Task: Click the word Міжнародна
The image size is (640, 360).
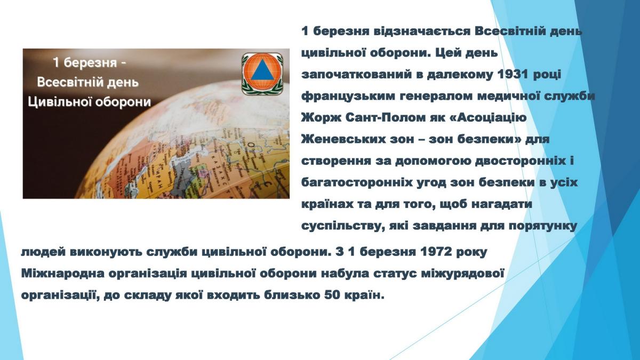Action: point(62,273)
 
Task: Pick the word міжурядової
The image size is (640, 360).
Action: point(462,273)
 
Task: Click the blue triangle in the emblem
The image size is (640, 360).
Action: point(262,72)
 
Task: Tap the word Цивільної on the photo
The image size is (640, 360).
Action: point(59,102)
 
